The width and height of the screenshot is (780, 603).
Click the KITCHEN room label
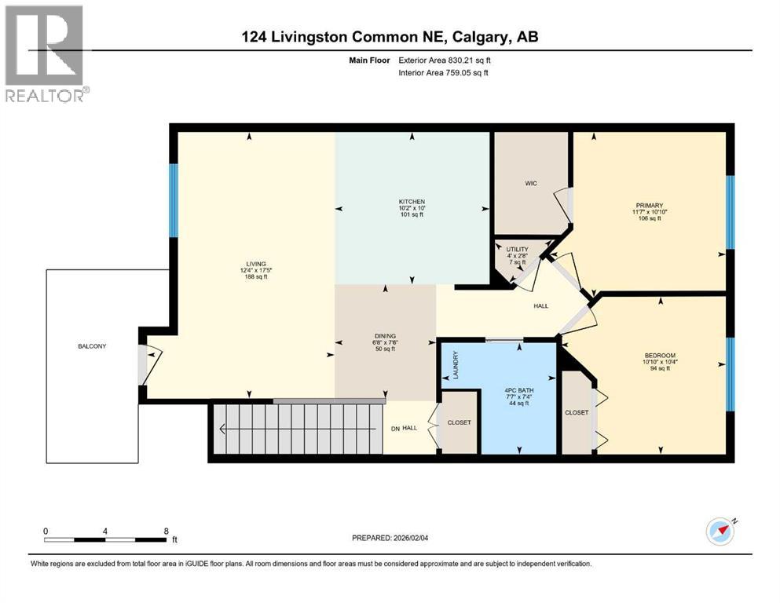click(x=411, y=202)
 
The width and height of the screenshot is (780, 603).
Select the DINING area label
click(x=385, y=335)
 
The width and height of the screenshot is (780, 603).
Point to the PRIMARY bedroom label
click(x=650, y=206)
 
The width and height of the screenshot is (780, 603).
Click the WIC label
click(x=531, y=185)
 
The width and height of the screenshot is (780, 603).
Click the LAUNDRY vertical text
click(x=455, y=365)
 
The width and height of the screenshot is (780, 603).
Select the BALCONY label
click(x=91, y=346)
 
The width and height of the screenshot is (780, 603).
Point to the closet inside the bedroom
click(x=577, y=412)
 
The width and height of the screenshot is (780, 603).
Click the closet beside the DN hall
click(x=459, y=422)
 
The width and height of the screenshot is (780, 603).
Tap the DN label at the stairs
click(x=396, y=427)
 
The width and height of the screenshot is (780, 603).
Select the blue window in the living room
click(x=174, y=199)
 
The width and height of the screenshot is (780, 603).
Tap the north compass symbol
click(x=720, y=532)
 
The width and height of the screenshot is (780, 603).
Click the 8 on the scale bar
click(x=166, y=531)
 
